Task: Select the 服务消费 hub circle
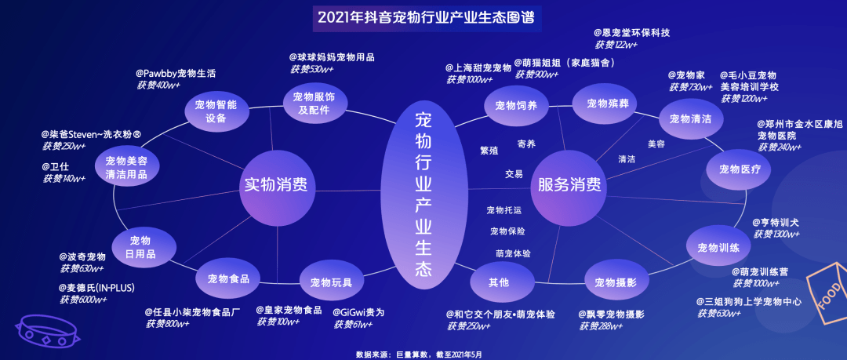569,185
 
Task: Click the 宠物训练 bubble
718,249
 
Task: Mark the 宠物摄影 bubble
616,282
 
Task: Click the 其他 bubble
499,281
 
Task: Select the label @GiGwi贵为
358,311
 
